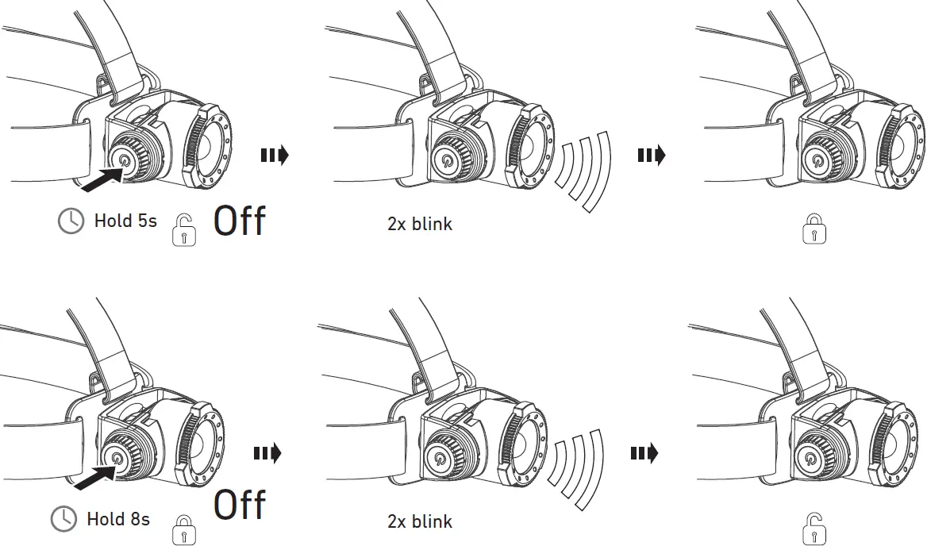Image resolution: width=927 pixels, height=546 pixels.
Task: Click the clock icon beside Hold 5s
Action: (71, 221)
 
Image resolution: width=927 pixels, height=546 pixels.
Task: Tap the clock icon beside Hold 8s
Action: (63, 520)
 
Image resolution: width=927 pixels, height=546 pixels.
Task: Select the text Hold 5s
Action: (125, 221)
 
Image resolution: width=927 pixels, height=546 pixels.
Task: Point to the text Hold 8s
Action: (118, 520)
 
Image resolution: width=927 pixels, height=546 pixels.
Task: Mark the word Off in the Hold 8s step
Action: (240, 505)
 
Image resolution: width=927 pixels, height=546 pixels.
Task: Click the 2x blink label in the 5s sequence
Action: (420, 224)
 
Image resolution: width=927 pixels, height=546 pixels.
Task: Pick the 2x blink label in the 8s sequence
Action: (420, 521)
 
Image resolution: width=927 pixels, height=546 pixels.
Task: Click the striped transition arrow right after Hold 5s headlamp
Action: (275, 155)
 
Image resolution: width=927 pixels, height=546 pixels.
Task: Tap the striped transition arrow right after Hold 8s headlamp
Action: (267, 454)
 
